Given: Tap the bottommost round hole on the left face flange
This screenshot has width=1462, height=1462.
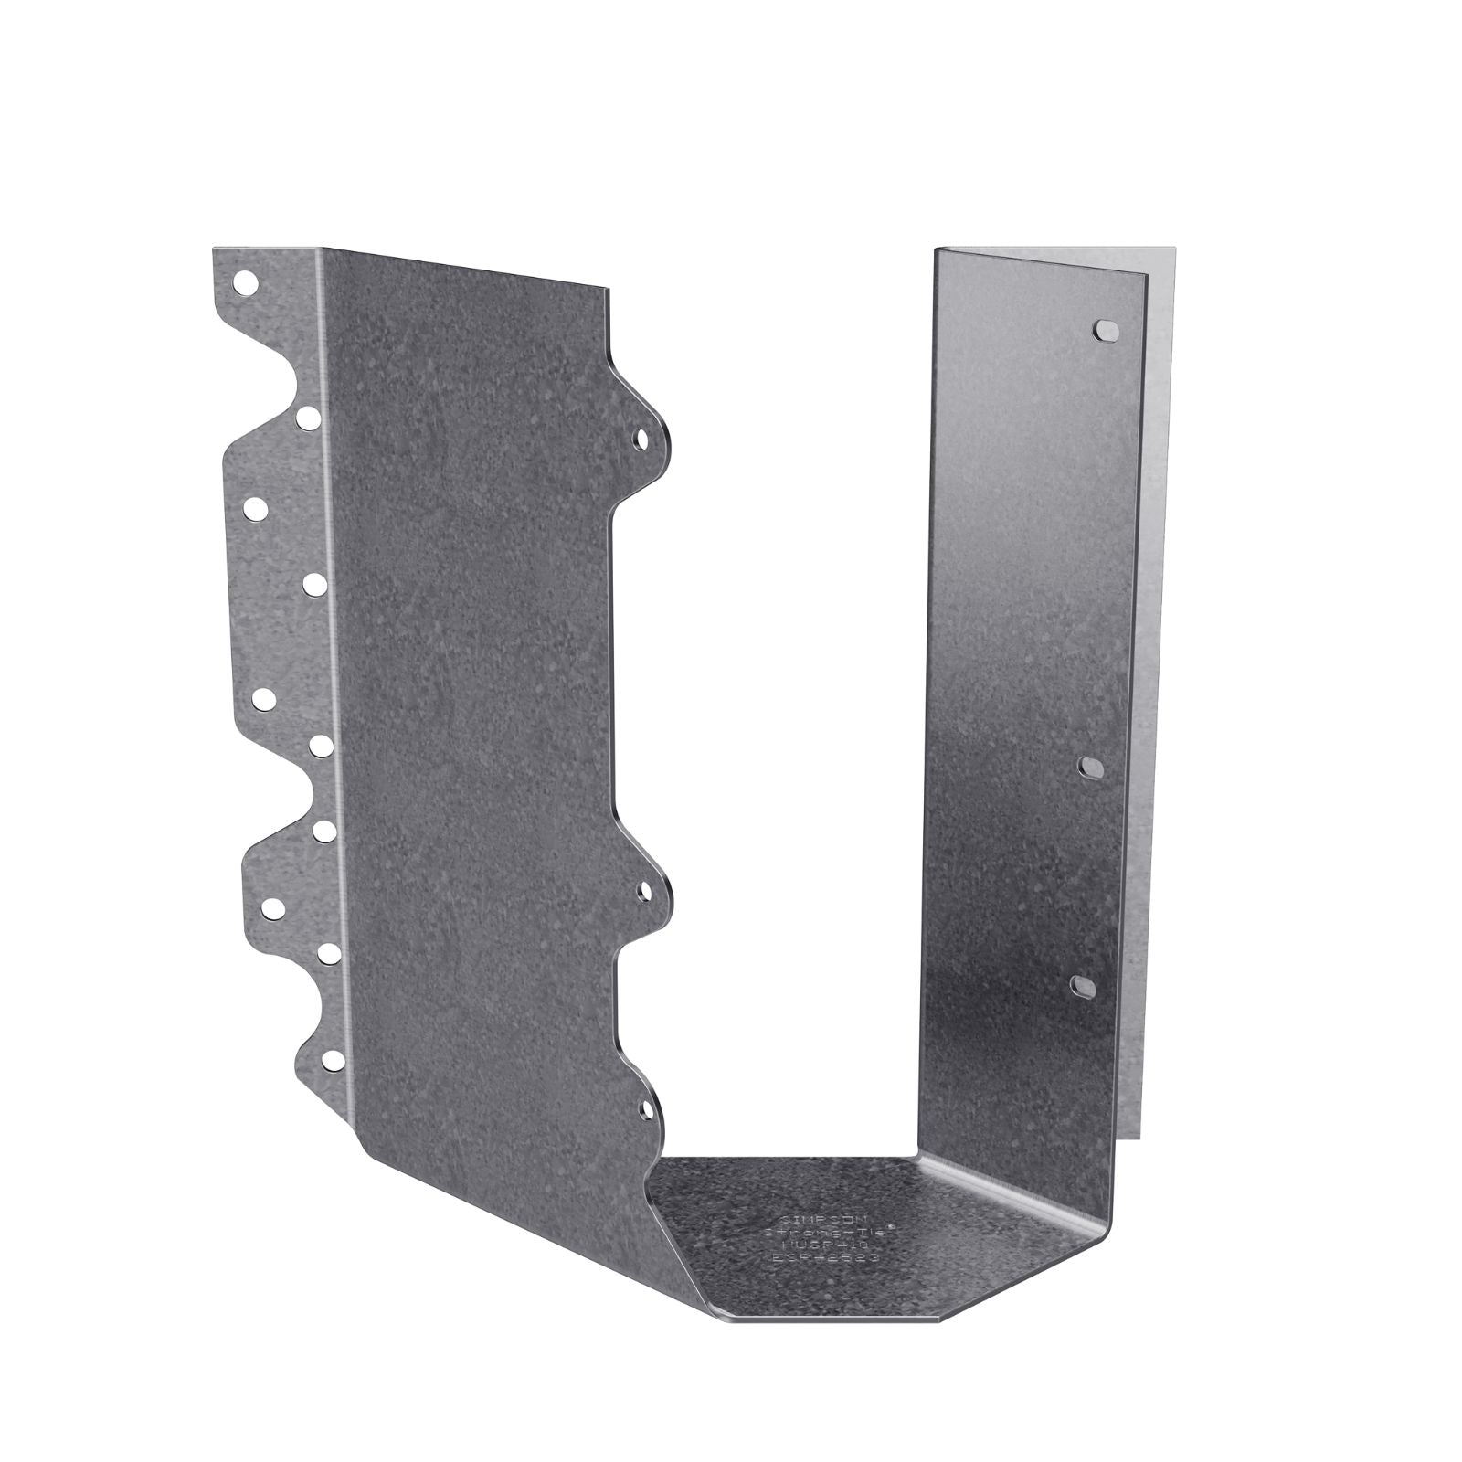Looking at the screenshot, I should [x=334, y=1060].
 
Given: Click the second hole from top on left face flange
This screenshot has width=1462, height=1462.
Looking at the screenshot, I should [x=308, y=418].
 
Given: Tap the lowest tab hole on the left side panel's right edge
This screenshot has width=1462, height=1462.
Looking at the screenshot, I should [x=647, y=1110].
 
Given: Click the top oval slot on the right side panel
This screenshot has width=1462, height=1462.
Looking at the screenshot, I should [x=1104, y=329].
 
